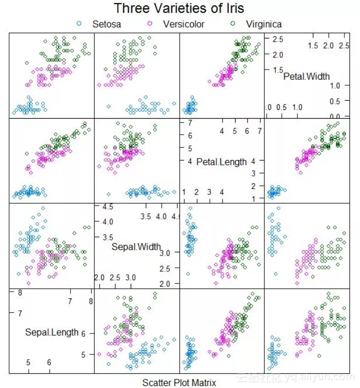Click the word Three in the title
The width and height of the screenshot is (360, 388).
tap(131, 9)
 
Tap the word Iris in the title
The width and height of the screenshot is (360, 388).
tap(233, 9)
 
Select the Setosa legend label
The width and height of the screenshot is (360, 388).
tap(106, 24)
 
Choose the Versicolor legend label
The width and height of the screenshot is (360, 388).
tap(184, 24)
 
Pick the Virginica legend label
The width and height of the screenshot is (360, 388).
tap(264, 24)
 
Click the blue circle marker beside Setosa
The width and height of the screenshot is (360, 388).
tap(80, 23)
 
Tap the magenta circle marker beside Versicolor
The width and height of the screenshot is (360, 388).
tap(150, 23)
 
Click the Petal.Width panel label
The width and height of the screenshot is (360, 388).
tap(306, 76)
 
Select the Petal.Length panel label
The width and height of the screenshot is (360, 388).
tap(222, 162)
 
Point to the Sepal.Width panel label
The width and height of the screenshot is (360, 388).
tap(136, 247)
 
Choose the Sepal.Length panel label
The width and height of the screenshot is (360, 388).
tap(51, 332)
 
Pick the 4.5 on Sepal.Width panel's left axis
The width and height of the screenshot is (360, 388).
tap(107, 207)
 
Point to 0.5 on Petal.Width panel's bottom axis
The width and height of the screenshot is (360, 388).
tap(281, 107)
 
